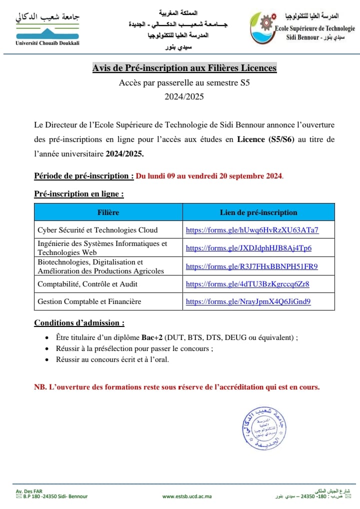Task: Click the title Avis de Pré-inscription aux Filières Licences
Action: tap(184, 68)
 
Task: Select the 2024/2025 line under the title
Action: tap(184, 97)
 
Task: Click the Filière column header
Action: tap(108, 212)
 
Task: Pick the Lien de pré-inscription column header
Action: tap(258, 212)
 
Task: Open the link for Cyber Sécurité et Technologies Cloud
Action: tap(252, 230)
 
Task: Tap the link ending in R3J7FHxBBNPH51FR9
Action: tap(251, 266)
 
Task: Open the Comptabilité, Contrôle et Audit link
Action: tap(247, 284)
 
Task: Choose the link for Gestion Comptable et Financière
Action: tap(248, 301)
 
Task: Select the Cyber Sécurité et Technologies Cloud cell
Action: tap(97, 230)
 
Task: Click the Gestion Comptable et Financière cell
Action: tap(89, 301)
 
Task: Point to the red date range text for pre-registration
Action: tap(209, 176)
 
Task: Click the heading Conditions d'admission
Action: tap(79, 322)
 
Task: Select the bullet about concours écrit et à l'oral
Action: tap(112, 359)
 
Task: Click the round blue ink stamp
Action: tap(263, 428)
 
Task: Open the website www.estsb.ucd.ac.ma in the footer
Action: tap(187, 496)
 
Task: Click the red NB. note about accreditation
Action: tap(176, 387)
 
